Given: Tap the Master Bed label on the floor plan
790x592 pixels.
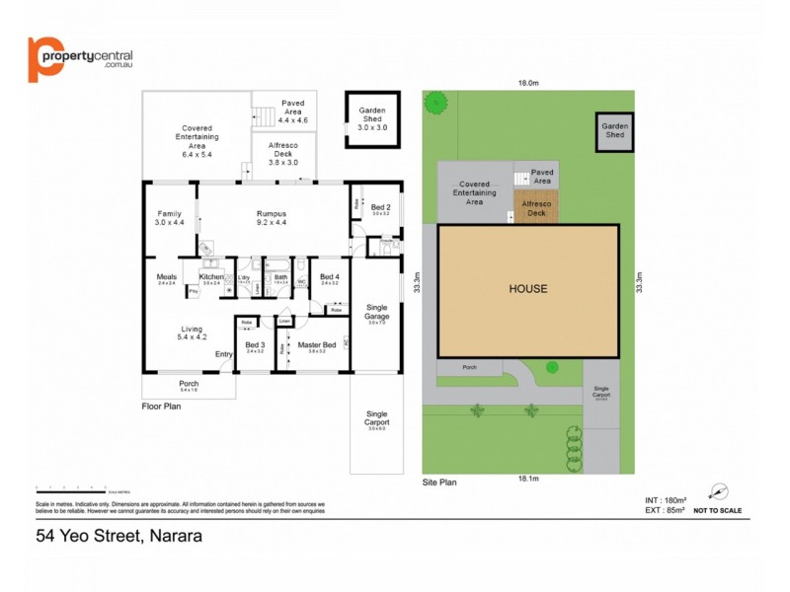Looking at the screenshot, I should coord(316,344).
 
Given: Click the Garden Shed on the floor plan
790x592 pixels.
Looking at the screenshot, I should coord(370,119).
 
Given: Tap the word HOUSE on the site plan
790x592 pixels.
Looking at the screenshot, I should coord(527,289).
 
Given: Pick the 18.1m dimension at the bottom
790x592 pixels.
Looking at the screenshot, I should coord(528,479).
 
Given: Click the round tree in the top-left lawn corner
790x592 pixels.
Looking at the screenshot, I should coord(434,101).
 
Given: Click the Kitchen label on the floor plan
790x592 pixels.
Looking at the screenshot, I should coord(212,277).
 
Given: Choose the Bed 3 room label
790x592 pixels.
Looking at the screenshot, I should coord(255,344).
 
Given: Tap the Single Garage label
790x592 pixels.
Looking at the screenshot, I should coord(376,312).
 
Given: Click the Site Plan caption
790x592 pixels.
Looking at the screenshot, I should coord(439,483).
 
